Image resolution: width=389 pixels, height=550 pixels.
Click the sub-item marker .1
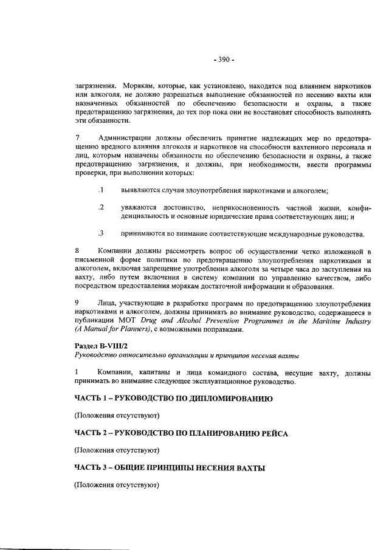coord(102,191)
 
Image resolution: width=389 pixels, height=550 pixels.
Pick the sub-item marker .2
coord(102,208)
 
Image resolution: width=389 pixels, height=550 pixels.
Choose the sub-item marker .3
coord(102,233)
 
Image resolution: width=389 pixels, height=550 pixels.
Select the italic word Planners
coord(135,331)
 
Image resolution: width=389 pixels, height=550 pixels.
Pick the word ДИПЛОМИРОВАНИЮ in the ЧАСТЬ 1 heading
coord(225,399)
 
